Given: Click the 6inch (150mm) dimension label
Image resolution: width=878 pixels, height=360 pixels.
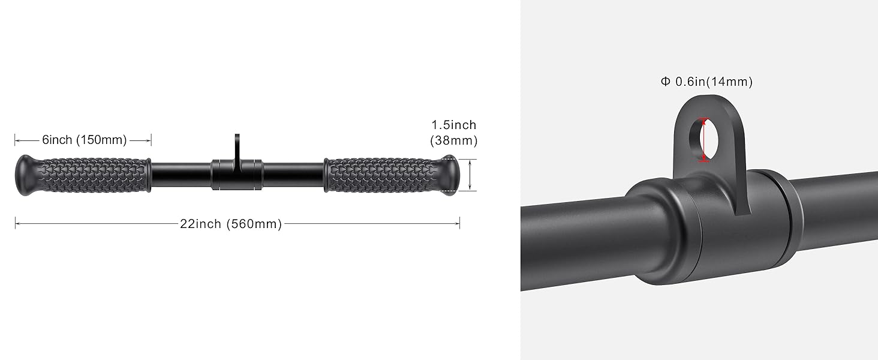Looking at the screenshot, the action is (x=85, y=140).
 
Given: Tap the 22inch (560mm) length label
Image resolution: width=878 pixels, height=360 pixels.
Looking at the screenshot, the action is (x=231, y=224).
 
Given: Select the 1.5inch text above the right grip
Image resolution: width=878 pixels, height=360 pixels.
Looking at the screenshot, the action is (x=454, y=125).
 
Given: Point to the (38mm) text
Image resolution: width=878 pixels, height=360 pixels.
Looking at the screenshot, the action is (x=454, y=140).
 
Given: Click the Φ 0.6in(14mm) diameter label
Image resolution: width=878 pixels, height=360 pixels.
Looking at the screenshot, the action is (x=706, y=82).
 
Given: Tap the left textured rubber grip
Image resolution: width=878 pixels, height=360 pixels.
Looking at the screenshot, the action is (x=94, y=175).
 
